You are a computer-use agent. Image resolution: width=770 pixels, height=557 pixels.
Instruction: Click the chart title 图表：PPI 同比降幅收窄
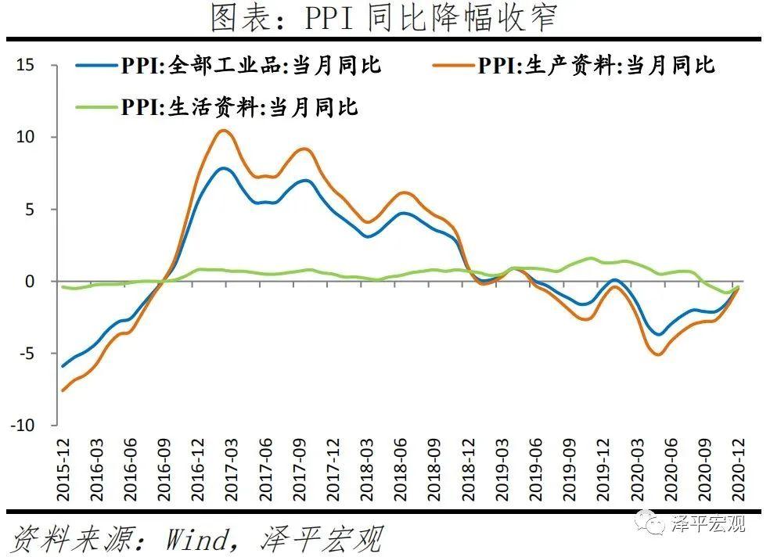click(384, 17)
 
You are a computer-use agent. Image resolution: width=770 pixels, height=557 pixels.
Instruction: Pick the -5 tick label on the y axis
click(27, 354)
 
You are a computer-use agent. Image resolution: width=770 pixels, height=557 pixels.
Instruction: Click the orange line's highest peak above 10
click(223, 130)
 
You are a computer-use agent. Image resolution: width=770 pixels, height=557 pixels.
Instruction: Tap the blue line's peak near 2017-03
click(224, 168)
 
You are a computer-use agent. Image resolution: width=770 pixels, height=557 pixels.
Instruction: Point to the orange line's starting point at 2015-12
click(63, 390)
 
